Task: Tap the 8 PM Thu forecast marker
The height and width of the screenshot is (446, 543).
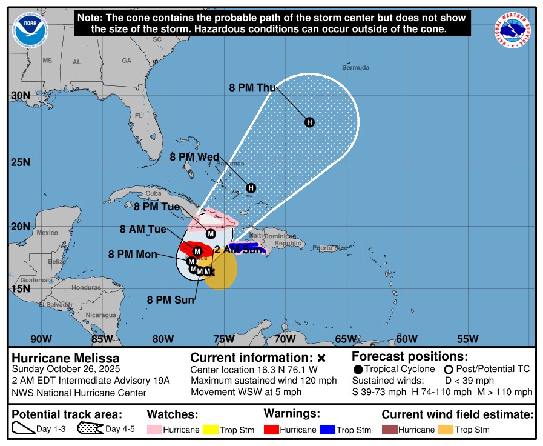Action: click(309, 122)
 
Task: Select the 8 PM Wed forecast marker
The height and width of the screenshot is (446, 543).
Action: click(251, 188)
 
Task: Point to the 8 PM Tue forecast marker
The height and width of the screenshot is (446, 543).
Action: click(211, 233)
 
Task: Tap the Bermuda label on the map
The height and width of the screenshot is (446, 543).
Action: click(355, 67)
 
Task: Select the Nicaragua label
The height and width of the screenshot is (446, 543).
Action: click(100, 315)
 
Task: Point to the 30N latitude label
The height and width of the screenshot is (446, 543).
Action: click(21, 95)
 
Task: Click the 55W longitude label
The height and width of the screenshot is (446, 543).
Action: click(468, 339)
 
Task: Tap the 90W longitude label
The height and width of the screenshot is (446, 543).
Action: click(41, 339)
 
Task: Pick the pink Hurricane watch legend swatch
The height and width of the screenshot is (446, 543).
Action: click(154, 430)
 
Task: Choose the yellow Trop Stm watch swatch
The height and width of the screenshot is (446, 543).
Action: click(210, 430)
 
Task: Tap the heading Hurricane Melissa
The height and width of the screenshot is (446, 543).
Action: click(66, 358)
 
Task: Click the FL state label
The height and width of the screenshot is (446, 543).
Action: click(139, 115)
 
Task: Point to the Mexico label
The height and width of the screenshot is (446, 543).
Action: click(47, 233)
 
